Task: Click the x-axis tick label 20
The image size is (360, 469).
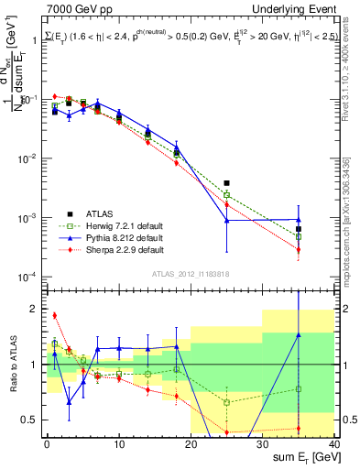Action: (191, 442)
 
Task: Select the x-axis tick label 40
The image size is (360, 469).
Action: (333, 442)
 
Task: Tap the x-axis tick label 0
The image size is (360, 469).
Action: (47, 442)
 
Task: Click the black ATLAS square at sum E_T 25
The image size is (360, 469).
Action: (226, 183)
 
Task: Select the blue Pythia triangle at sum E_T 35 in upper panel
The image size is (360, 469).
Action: (298, 220)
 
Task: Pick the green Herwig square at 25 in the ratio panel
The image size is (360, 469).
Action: (226, 402)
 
